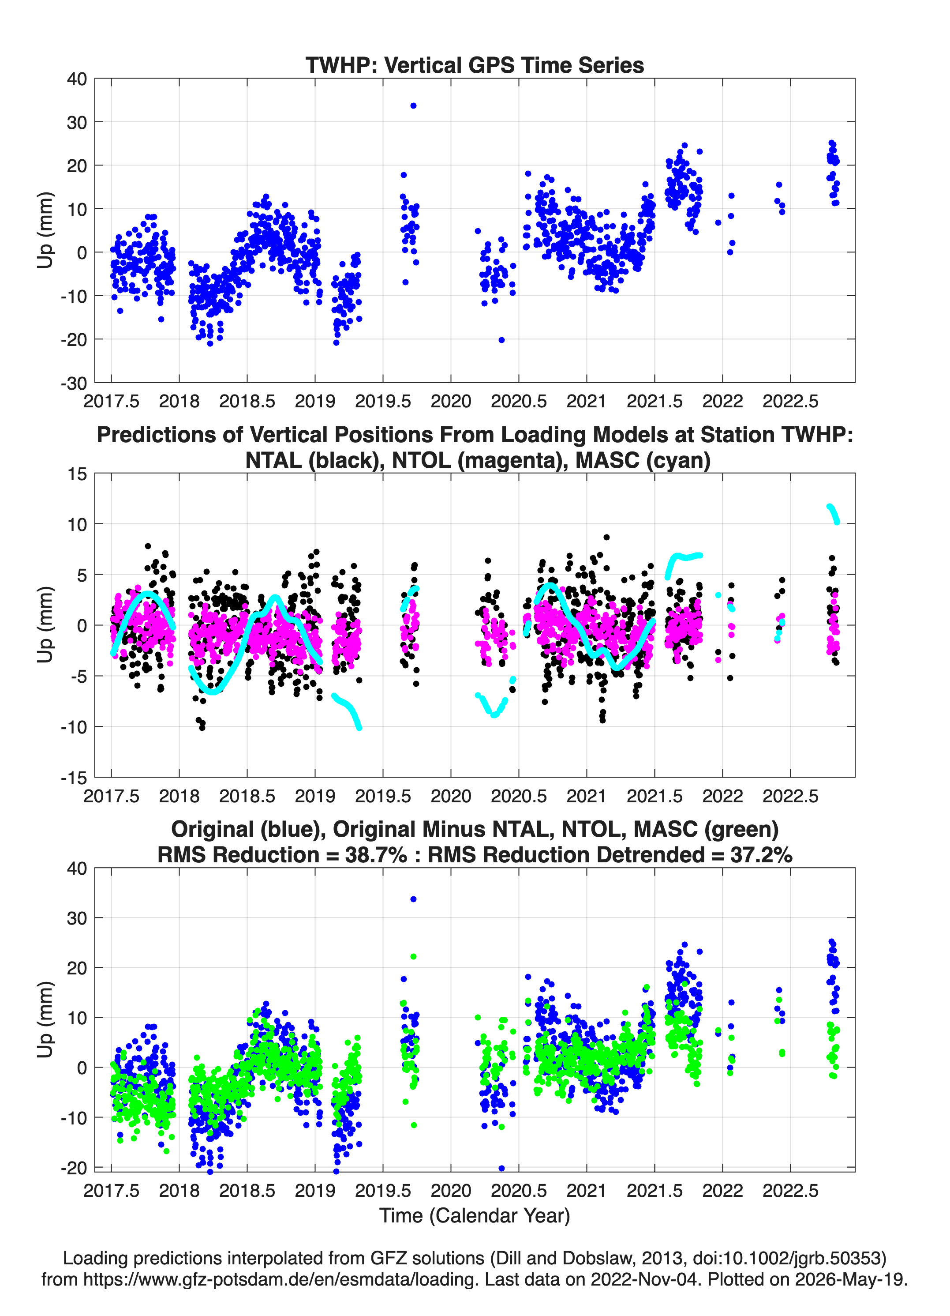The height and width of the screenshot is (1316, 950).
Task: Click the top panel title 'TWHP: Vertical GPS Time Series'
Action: tap(475, 65)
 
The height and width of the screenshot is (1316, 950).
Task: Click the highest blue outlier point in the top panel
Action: tap(413, 105)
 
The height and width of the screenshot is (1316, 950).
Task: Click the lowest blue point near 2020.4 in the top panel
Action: tap(501, 340)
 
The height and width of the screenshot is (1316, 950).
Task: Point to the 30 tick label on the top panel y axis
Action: tap(77, 122)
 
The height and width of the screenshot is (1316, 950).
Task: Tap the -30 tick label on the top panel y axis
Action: tap(74, 383)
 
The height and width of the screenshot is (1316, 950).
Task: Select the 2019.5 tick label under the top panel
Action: tap(383, 401)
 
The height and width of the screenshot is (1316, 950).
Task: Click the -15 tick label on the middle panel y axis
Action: tap(74, 778)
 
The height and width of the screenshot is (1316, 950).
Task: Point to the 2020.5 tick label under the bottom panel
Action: tap(519, 1191)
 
